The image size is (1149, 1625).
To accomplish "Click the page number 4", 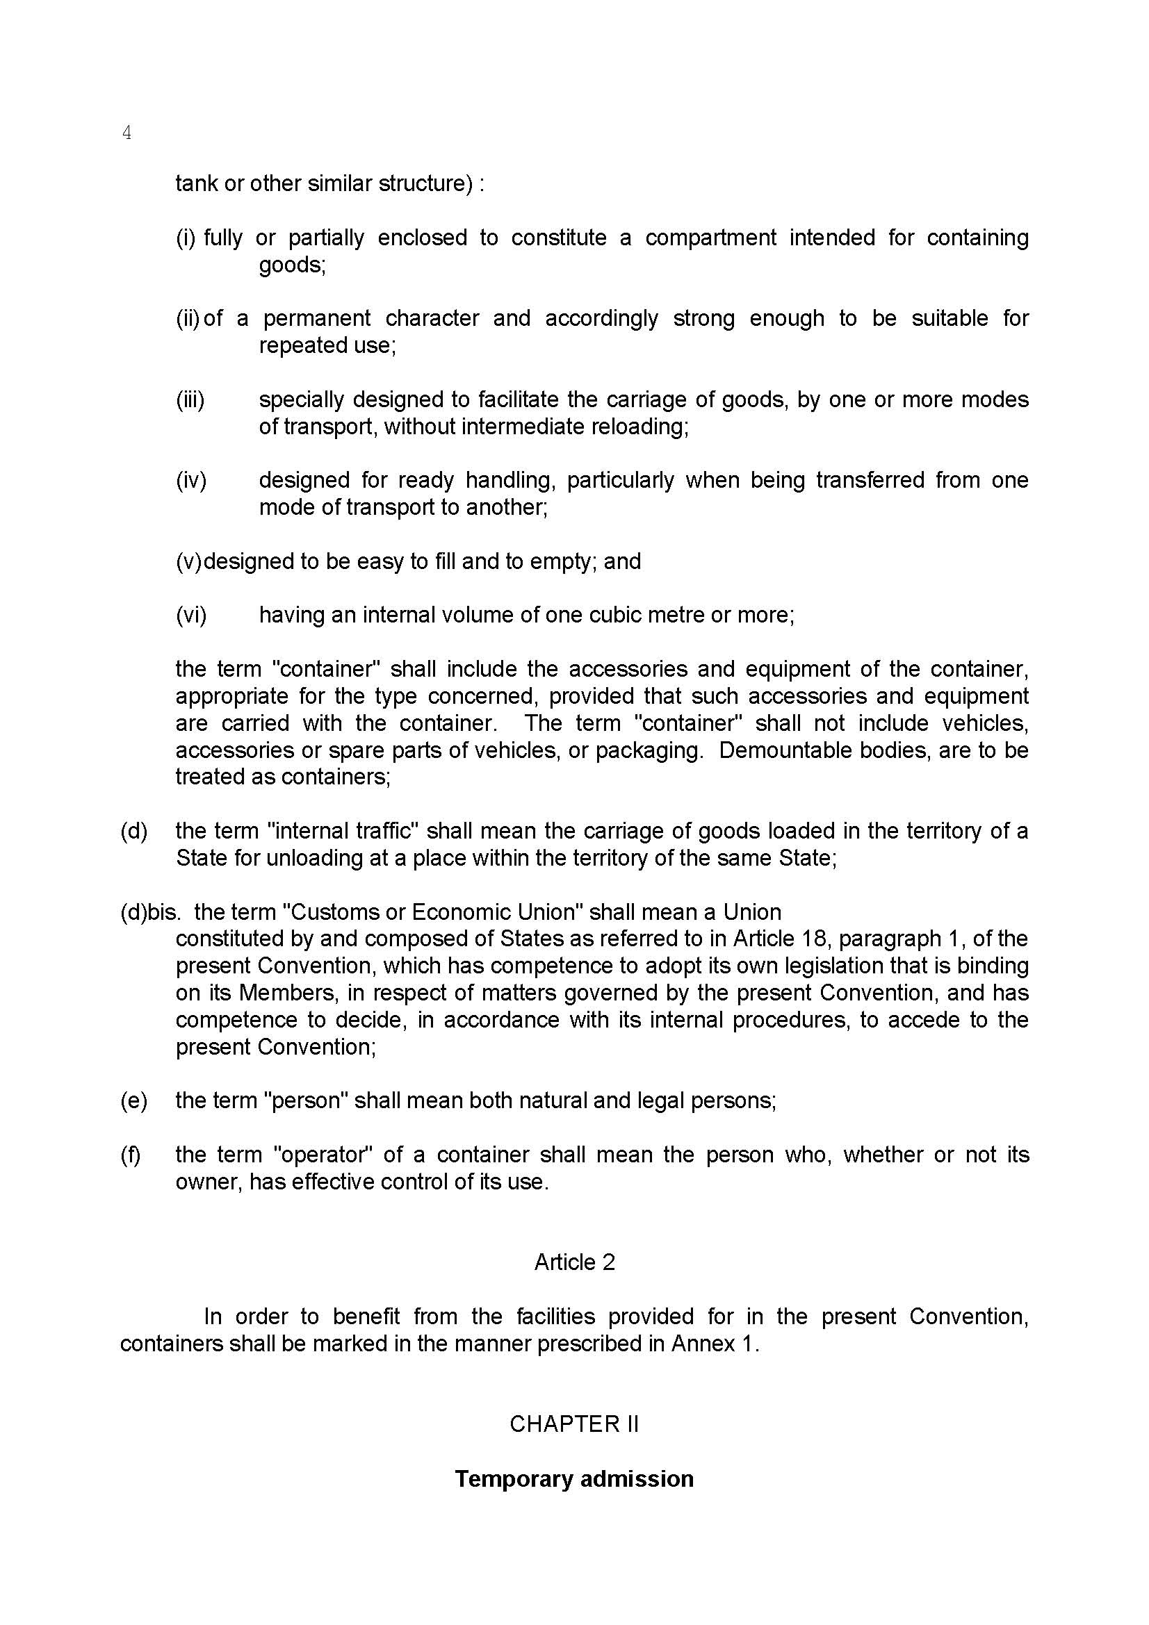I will pyautogui.click(x=127, y=133).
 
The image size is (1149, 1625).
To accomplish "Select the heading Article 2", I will pyautogui.click(x=574, y=1262).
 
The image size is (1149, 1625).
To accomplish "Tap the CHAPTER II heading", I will pyautogui.click(x=574, y=1424).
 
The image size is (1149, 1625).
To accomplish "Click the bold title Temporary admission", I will pyautogui.click(x=574, y=1478).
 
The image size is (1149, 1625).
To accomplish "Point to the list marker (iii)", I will pyautogui.click(x=190, y=400).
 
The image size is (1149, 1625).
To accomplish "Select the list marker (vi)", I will pyautogui.click(x=191, y=615).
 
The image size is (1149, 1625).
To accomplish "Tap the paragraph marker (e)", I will pyautogui.click(x=133, y=1100).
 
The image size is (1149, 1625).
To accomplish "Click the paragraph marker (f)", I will pyautogui.click(x=131, y=1155).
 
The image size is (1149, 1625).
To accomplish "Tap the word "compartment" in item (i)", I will pyautogui.click(x=711, y=238).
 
